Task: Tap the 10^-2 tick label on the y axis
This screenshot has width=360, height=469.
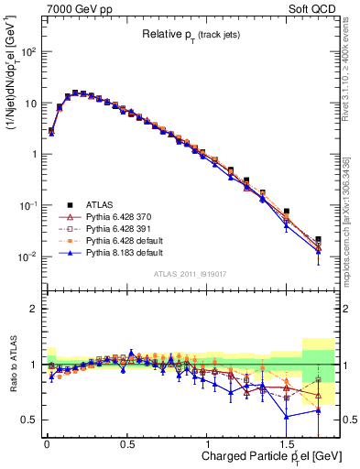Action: pyautogui.click(x=27, y=256)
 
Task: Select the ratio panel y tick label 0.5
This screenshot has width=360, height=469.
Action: pyautogui.click(x=30, y=420)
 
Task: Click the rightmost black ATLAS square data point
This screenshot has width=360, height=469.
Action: pyautogui.click(x=318, y=239)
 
